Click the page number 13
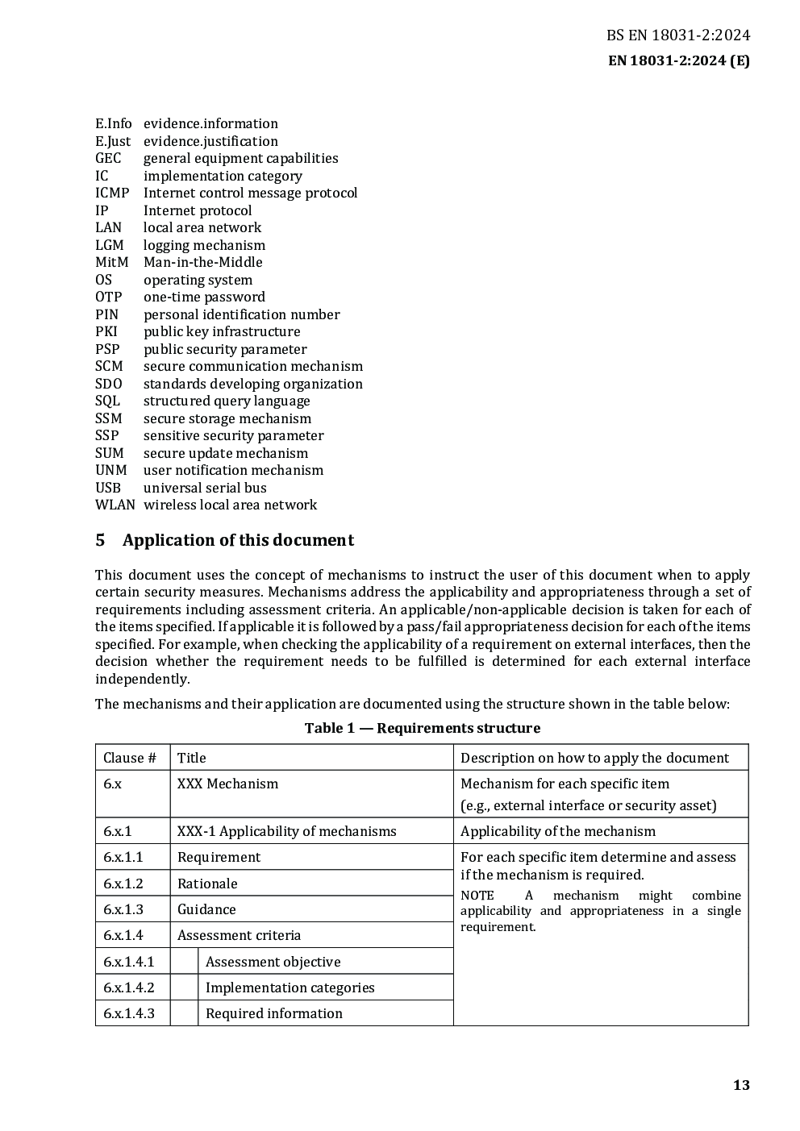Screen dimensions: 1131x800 [741, 1085]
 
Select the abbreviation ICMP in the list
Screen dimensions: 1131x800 [112, 193]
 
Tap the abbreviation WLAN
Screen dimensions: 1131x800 [115, 505]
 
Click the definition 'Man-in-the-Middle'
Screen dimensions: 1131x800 [202, 262]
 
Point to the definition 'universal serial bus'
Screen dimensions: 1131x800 [205, 488]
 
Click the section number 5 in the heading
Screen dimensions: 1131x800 [100, 540]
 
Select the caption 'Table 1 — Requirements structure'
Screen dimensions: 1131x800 [422, 728]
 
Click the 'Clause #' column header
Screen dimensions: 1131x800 [130, 758]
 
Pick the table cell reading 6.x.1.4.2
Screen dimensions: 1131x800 [129, 988]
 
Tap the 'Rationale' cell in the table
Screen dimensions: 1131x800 [207, 884]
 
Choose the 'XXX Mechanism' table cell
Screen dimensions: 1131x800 [227, 784]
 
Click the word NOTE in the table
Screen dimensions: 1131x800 [477, 896]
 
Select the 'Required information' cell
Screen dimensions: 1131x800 [273, 1013]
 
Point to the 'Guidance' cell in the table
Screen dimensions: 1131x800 [206, 909]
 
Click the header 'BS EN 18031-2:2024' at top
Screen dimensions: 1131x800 [677, 35]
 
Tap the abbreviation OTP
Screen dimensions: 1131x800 [108, 297]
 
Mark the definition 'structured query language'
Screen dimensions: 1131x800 [227, 401]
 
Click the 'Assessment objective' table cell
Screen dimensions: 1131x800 [273, 962]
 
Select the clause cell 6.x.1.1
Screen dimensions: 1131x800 [123, 857]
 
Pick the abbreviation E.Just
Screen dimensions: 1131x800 [113, 141]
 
